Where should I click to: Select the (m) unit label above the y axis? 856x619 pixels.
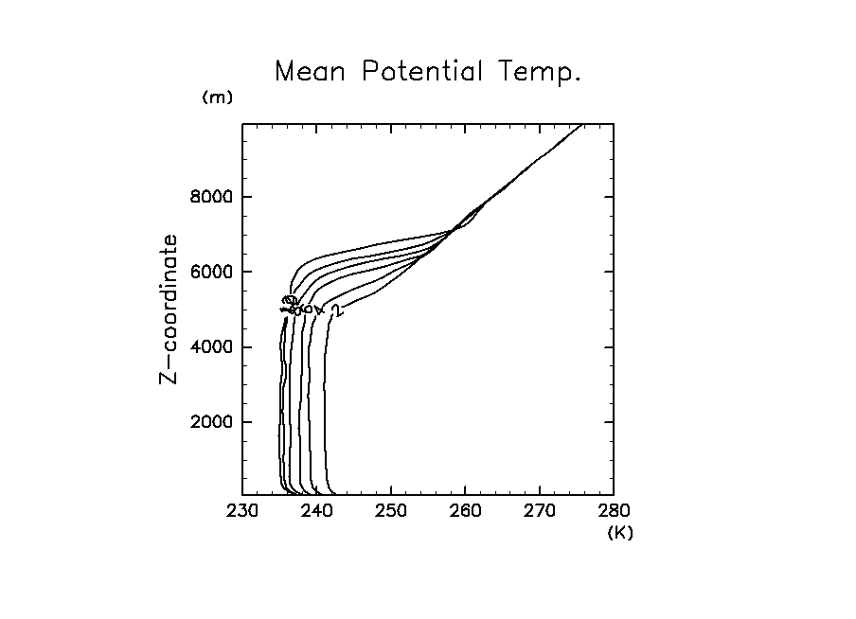point(218,97)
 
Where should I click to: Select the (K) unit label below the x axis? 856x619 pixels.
point(620,532)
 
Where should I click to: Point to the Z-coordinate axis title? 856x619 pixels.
point(169,309)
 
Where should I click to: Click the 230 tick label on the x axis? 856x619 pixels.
point(242,512)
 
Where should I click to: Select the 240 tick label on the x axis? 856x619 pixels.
point(316,512)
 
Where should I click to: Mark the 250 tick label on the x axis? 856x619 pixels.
point(391,512)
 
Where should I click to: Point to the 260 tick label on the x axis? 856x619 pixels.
point(465,512)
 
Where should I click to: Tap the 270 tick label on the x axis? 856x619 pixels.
point(540,512)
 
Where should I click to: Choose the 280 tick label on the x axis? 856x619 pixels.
point(614,512)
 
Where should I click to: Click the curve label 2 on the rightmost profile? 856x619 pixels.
point(334,309)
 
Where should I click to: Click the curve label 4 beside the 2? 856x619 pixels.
point(320,309)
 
